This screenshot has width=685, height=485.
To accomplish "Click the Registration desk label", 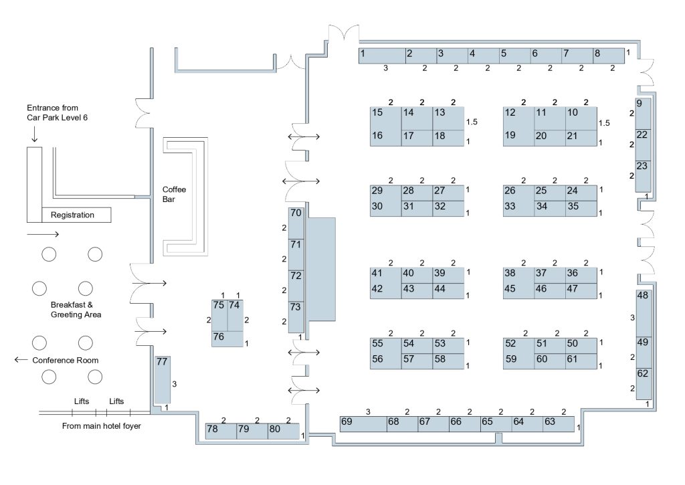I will coord(72,215).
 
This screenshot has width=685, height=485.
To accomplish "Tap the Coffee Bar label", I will coord(174,194).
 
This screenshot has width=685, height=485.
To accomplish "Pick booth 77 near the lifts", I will coord(163,379).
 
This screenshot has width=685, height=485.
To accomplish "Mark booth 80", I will coord(283,431).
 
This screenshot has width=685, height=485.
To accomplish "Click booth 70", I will coord(296,222).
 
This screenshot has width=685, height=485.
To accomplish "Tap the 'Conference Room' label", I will coord(66,361).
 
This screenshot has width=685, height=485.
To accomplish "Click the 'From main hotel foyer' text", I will coord(97,425).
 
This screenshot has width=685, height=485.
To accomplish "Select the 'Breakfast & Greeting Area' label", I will coord(76,309).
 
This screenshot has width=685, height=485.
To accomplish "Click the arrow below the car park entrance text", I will coord(33,136).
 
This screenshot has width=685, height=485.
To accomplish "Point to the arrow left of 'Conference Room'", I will coord(21,361).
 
